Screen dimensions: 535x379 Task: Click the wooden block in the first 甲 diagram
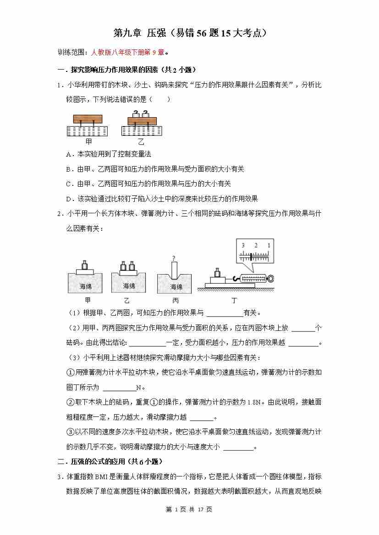coord(90,118)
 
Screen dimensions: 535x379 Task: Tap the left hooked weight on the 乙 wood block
coord(136,113)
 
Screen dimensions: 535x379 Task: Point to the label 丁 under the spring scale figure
coord(234,300)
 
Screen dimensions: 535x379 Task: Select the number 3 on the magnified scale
coord(243,246)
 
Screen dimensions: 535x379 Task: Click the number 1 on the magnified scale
coord(269,246)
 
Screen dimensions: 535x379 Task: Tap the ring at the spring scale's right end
coord(272,278)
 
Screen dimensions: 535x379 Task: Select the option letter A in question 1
coord(69,154)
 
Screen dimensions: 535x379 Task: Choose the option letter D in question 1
coord(69,199)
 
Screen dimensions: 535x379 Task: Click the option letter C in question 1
coord(69,184)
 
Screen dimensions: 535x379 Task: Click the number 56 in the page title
coord(203,33)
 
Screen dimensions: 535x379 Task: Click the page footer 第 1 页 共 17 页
coord(189,509)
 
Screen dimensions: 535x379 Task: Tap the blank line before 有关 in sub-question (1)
coord(225,313)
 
